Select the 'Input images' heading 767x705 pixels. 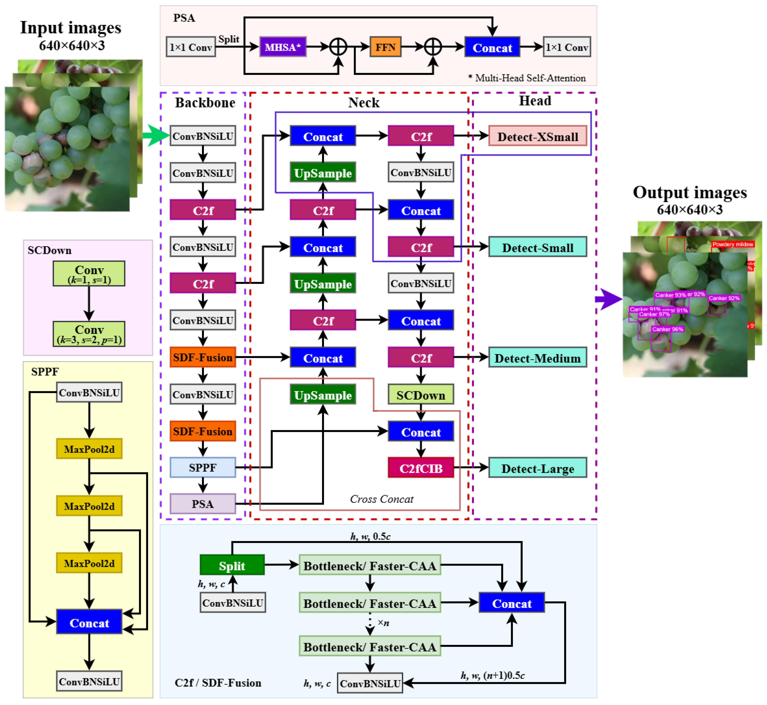click(71, 28)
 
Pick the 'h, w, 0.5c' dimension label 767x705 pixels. click(370, 536)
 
